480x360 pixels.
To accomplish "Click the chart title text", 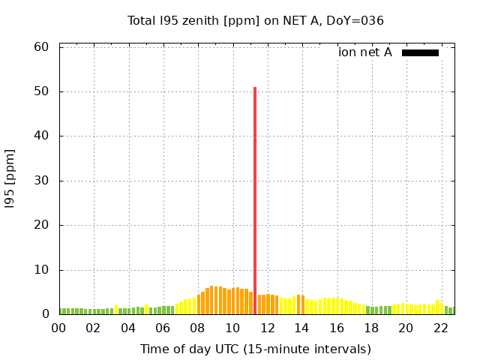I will (x=255, y=20).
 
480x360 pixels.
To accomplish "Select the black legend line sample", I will (x=420, y=52).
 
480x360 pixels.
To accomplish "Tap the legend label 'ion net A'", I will (x=364, y=52).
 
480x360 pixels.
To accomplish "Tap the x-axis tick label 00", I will (x=58, y=328).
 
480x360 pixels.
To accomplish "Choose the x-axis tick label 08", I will (x=197, y=328).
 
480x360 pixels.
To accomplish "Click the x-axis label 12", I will (x=267, y=328).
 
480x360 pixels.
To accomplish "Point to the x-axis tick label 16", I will (x=336, y=328).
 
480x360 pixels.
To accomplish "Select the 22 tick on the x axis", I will (x=440, y=328).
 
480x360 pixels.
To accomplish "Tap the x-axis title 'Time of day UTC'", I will (x=255, y=349).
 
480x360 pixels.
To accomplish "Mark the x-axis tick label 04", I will (x=128, y=328).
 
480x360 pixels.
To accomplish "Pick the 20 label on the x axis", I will (x=406, y=328).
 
